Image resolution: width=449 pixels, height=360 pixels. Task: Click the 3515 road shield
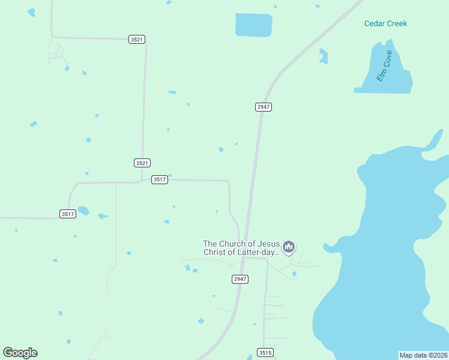click(x=265, y=352)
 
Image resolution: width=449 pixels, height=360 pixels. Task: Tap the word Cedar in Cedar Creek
click(x=375, y=24)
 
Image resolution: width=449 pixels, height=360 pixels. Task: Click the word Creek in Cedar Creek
click(x=397, y=24)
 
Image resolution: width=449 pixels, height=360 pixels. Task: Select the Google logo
click(x=20, y=353)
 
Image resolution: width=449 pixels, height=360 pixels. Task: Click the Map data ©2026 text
click(x=424, y=355)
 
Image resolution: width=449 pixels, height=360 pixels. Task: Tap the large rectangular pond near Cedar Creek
click(x=253, y=25)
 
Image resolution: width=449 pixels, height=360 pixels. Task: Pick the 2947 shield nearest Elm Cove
click(x=264, y=107)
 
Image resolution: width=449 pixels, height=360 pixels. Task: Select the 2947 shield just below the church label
click(x=240, y=279)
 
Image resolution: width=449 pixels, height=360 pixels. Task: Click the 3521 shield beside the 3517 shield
click(x=142, y=163)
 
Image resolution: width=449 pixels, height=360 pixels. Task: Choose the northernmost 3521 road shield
click(x=137, y=39)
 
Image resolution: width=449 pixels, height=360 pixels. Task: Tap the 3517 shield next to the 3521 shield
click(x=159, y=179)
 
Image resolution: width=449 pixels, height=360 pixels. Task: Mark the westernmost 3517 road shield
click(x=68, y=214)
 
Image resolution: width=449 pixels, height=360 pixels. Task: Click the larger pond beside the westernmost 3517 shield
click(x=83, y=211)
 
